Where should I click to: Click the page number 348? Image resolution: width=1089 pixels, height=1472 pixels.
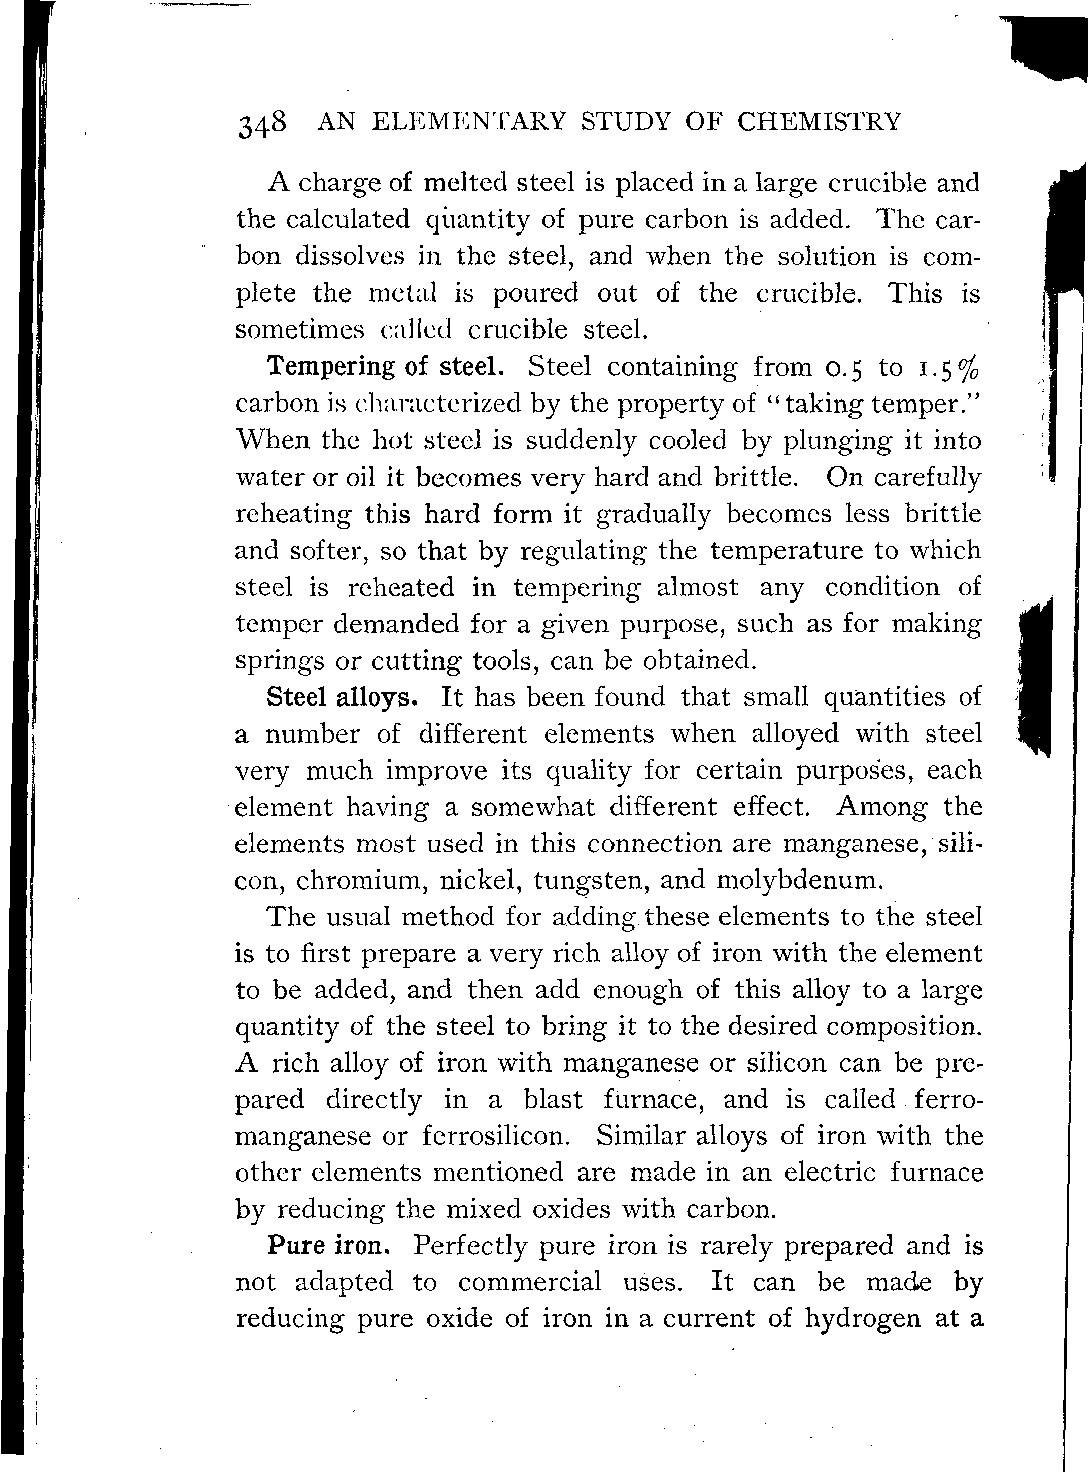(262, 123)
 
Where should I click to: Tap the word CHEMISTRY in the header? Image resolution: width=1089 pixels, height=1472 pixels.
(818, 122)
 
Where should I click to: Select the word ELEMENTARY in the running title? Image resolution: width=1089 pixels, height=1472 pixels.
(468, 122)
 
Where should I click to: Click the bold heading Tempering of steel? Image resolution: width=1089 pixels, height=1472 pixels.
(386, 366)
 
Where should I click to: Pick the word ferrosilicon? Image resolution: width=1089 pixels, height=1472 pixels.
(494, 1136)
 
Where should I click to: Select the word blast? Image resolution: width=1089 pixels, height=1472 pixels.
(553, 1099)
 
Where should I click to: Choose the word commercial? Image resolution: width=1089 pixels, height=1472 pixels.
(529, 1282)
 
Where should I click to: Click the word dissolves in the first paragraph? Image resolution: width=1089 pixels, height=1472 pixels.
(348, 256)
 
